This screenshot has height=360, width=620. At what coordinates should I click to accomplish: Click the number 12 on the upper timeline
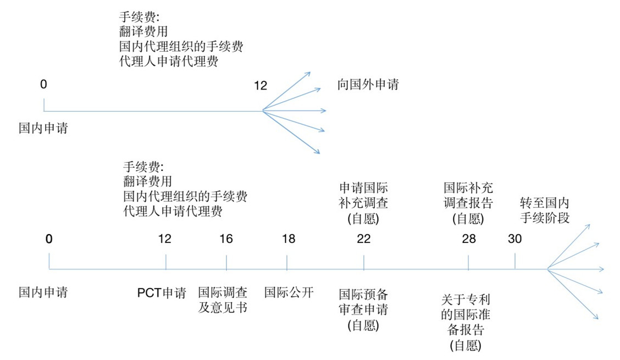(261, 85)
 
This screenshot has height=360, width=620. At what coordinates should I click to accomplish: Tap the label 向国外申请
(368, 84)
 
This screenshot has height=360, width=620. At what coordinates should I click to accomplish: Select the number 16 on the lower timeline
(226, 239)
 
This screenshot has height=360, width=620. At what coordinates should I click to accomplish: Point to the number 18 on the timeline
(289, 239)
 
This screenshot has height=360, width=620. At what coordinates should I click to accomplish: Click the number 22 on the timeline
(364, 239)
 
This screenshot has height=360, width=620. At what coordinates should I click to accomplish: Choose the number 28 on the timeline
(469, 239)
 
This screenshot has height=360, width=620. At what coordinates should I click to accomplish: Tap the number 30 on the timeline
(515, 239)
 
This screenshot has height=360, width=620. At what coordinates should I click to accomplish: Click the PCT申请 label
(162, 293)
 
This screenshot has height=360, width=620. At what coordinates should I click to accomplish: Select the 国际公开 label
(289, 292)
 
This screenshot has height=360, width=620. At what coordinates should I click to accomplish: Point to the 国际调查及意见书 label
(223, 300)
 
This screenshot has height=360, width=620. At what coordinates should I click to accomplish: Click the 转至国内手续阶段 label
(545, 210)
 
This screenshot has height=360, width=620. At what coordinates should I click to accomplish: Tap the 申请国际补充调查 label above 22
(363, 203)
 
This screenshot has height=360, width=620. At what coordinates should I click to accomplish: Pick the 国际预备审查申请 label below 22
(363, 310)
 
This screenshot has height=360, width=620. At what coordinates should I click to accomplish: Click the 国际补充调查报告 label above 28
(468, 203)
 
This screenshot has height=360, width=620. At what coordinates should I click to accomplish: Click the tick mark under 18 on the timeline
(287, 262)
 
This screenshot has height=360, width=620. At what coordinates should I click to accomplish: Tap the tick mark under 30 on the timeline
(515, 261)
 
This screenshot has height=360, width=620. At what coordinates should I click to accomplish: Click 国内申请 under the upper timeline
(43, 128)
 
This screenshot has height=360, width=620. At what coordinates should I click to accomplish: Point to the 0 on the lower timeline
(48, 239)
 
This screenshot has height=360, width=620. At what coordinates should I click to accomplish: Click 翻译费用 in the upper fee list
(143, 31)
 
